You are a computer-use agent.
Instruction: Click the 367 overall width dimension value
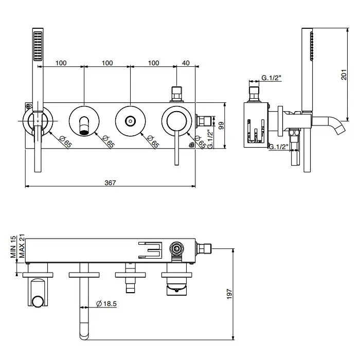pos(111,183)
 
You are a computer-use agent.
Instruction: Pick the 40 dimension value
pos(186,63)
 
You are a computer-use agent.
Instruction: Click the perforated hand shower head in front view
pos(37,47)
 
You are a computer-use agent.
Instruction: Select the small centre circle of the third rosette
pos(131,121)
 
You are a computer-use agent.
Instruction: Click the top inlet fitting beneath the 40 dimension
pos(177,94)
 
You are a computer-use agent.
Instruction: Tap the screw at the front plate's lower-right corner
pos(192,146)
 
